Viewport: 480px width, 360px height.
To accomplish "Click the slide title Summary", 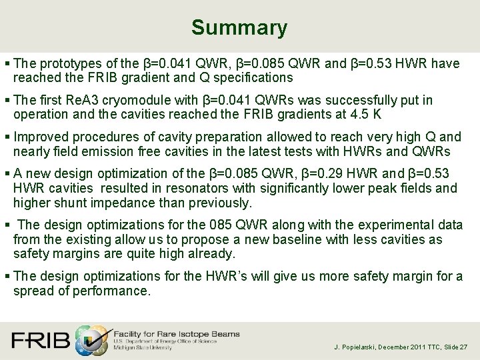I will [x=239, y=28].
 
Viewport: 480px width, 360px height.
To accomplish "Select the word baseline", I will [x=310, y=239].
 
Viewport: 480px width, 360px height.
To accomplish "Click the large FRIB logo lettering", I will [x=41, y=340].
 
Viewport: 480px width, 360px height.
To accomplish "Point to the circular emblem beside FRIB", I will [x=91, y=339].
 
